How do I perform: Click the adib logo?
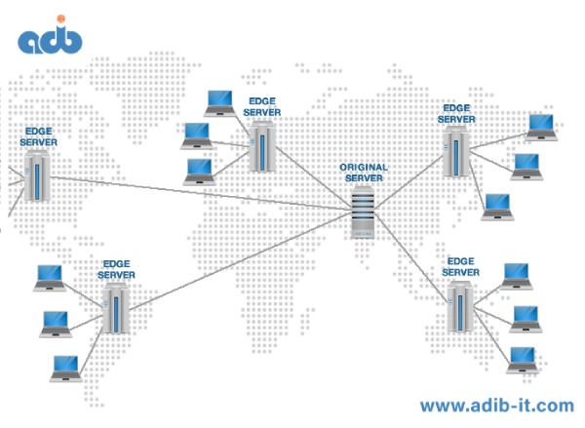pos(50,38)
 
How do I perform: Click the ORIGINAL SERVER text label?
pos(363,173)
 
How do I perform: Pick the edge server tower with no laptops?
pos(38,177)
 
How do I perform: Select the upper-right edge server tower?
pos(454,151)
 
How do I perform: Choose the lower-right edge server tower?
pos(459,306)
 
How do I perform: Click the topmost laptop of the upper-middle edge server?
pos(220,100)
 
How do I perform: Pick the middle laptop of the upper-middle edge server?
pos(198,135)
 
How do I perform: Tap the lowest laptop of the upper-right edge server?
pos(497,205)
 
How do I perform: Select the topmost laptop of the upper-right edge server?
pos(539,125)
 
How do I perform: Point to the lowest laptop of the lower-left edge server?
pos(65,368)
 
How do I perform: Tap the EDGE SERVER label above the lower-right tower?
pos(460,267)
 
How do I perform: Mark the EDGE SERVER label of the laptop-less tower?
pos(38,136)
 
